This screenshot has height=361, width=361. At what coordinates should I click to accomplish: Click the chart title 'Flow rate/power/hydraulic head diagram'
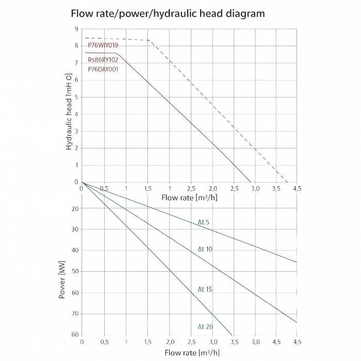tap(168, 13)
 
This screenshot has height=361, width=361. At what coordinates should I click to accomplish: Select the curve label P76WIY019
tap(103, 45)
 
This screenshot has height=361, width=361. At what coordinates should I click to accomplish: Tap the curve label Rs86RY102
tap(103, 60)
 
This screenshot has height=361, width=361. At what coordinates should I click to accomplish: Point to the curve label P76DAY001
tap(103, 69)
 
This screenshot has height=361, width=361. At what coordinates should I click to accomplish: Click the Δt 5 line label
tap(204, 222)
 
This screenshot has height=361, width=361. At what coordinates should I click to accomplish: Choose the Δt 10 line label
tap(205, 249)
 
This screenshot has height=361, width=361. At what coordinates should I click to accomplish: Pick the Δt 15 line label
tap(205, 289)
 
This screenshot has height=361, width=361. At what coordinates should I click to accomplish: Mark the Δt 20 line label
tap(205, 326)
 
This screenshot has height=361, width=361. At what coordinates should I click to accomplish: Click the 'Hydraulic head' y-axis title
tap(69, 111)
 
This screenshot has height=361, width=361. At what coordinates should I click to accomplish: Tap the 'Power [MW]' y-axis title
tap(62, 282)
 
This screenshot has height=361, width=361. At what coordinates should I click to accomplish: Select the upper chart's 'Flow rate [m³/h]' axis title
tap(189, 198)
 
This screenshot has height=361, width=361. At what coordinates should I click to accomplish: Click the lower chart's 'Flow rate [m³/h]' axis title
tap(192, 353)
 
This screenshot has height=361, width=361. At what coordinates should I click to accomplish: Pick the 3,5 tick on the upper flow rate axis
tap(277, 188)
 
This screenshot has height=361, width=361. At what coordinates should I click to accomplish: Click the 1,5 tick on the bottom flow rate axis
tap(147, 341)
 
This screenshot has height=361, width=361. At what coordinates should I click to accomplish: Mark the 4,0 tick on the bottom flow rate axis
tap(255, 341)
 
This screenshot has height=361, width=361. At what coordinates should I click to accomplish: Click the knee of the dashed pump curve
tap(149, 40)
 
